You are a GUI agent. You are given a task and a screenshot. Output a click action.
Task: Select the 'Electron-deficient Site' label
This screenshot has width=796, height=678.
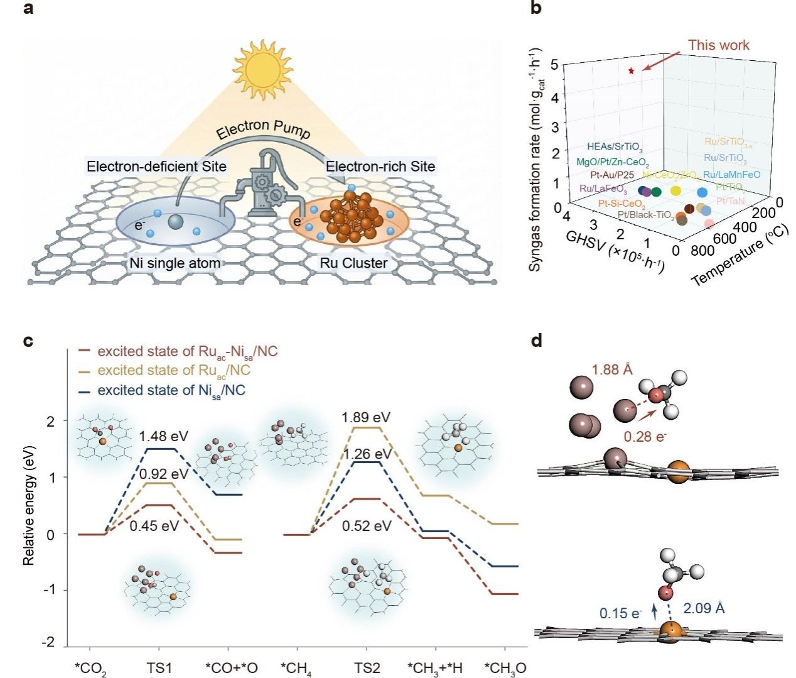(x=156, y=167)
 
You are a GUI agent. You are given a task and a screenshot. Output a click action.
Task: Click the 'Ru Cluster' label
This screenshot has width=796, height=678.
(x=353, y=263)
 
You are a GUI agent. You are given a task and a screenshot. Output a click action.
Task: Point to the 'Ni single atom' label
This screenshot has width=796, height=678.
(x=175, y=263)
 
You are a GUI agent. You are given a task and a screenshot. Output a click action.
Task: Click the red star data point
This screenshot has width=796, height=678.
(x=632, y=71)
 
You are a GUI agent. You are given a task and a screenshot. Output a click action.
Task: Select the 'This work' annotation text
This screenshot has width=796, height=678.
(x=718, y=45)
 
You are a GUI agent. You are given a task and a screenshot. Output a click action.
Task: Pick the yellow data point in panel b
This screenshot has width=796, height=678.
(x=675, y=191)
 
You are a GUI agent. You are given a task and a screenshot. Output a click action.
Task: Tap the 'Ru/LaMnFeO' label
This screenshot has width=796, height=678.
(x=731, y=175)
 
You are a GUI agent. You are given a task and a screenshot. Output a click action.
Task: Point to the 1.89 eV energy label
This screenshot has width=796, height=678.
(x=366, y=417)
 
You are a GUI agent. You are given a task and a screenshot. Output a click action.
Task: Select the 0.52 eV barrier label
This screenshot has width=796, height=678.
(x=367, y=525)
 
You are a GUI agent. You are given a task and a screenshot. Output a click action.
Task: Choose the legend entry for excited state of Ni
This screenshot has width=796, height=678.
(x=171, y=391)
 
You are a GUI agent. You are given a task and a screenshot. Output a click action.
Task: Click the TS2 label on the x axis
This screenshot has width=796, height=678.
(x=367, y=667)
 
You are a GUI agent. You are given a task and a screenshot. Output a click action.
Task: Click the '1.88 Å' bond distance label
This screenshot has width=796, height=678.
(x=612, y=369)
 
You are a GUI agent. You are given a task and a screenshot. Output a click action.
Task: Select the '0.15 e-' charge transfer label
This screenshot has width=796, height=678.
(x=621, y=612)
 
